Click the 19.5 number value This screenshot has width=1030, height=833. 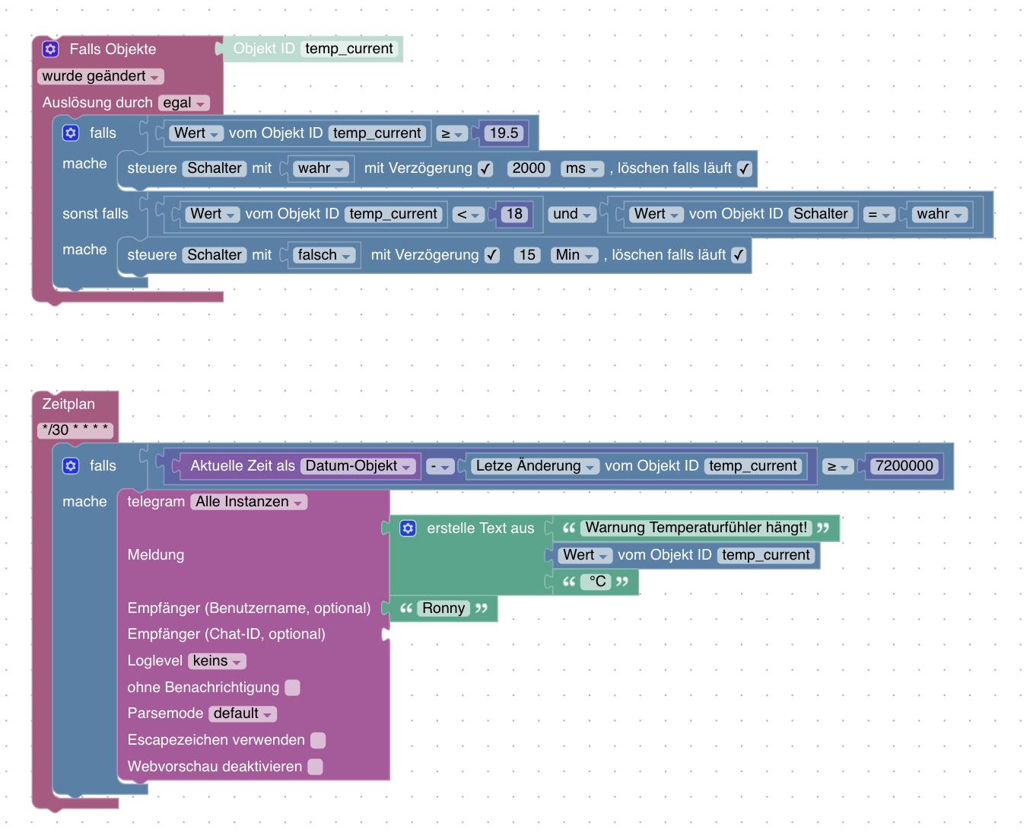503,132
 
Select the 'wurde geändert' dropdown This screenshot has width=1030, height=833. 100,76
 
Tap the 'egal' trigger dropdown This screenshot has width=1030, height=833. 183,103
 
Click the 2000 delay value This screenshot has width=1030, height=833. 528,168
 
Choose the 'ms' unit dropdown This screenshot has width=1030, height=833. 582,168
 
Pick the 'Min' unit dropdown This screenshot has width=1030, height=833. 574,254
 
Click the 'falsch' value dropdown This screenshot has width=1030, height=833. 323,254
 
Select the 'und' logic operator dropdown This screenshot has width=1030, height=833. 571,213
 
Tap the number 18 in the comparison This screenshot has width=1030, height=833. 513,213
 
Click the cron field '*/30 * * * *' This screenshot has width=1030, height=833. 75,429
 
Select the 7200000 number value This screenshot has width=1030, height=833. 904,466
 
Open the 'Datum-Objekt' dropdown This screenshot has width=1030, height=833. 358,466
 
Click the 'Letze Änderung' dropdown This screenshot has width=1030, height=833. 535,466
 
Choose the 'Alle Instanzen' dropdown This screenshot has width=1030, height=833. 249,502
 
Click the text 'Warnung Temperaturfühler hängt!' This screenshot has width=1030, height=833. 696,527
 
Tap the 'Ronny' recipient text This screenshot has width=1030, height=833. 443,608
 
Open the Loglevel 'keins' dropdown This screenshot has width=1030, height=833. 217,661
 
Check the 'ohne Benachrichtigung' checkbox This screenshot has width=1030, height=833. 292,688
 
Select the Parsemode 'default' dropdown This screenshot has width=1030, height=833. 242,713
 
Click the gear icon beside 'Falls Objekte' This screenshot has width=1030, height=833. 50,49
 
